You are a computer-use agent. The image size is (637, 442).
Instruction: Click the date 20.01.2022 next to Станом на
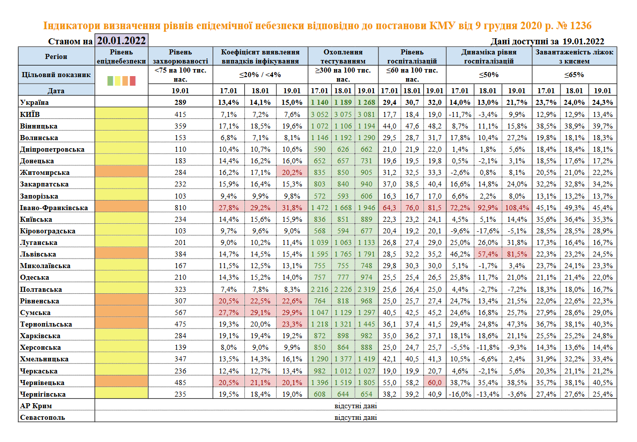(121, 41)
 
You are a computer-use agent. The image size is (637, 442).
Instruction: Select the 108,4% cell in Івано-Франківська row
(517, 208)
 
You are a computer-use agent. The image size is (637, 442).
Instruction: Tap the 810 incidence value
(180, 208)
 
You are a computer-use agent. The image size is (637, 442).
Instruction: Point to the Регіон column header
(55, 56)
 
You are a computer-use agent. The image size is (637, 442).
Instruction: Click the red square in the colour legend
(133, 80)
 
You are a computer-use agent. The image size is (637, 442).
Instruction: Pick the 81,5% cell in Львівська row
(517, 254)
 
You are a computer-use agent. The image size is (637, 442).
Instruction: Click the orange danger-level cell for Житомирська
(121, 173)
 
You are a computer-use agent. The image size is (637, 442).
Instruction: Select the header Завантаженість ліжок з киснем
(575, 56)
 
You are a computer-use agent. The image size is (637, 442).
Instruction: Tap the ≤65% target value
(575, 75)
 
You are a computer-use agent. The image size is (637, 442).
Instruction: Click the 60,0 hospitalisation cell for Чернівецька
(435, 383)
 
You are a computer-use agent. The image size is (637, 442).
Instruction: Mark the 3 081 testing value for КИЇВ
(366, 114)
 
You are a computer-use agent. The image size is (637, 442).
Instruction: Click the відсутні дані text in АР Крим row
(356, 406)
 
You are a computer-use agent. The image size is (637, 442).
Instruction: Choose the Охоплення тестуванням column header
(343, 56)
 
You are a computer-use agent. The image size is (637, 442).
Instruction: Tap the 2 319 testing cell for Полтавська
(366, 289)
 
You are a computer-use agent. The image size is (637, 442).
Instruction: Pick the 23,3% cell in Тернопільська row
(292, 324)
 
